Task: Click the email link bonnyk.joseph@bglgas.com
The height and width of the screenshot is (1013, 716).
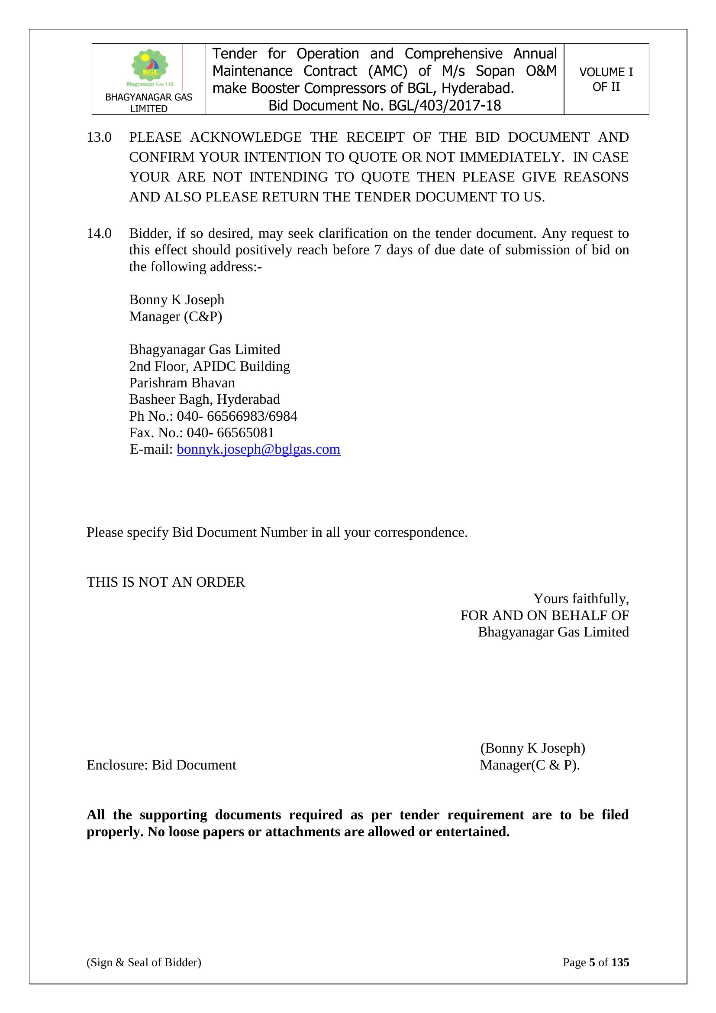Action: click(258, 449)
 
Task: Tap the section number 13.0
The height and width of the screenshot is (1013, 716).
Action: click(99, 137)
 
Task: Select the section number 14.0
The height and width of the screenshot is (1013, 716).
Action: click(99, 233)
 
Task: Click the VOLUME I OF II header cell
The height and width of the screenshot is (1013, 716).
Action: click(606, 79)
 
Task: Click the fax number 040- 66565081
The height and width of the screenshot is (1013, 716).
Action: click(230, 432)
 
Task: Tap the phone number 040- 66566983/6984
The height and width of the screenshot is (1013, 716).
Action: click(237, 416)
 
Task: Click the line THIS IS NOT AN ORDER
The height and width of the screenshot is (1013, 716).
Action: click(165, 582)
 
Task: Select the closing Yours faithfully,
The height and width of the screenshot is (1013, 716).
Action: click(581, 599)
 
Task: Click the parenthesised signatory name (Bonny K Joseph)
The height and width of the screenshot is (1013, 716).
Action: click(532, 748)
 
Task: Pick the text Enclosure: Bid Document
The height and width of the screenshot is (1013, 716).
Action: click(161, 765)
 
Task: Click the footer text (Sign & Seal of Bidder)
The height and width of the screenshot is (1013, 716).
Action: click(144, 974)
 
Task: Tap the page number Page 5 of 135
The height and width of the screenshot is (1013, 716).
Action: click(596, 974)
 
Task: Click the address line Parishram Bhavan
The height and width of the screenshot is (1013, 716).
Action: click(182, 383)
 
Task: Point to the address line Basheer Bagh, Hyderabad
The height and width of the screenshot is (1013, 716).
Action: click(204, 399)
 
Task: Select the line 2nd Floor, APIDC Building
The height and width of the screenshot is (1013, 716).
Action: click(210, 366)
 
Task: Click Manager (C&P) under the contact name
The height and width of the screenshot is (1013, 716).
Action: click(175, 316)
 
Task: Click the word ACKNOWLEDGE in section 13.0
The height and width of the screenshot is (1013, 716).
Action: click(245, 137)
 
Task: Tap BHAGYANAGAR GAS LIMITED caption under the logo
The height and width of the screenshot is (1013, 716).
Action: click(148, 103)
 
